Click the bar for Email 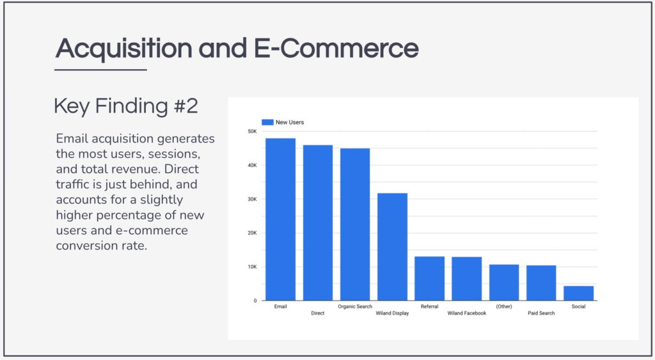(x=280, y=219)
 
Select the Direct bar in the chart (x=318, y=223)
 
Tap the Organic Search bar (x=355, y=224)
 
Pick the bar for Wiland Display (x=392, y=247)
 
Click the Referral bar (x=429, y=279)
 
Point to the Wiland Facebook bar (x=466, y=279)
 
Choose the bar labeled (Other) (x=504, y=283)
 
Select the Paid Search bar (x=541, y=283)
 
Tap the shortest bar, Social (x=578, y=293)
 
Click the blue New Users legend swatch (x=267, y=122)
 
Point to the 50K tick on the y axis (x=252, y=131)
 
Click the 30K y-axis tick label (x=252, y=200)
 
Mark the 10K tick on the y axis (x=252, y=267)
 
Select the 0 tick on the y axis (x=255, y=301)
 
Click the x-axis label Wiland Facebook (x=466, y=313)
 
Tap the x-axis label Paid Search (x=541, y=313)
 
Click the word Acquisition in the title (x=124, y=49)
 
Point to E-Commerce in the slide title (x=336, y=48)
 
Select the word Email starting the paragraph (x=72, y=139)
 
